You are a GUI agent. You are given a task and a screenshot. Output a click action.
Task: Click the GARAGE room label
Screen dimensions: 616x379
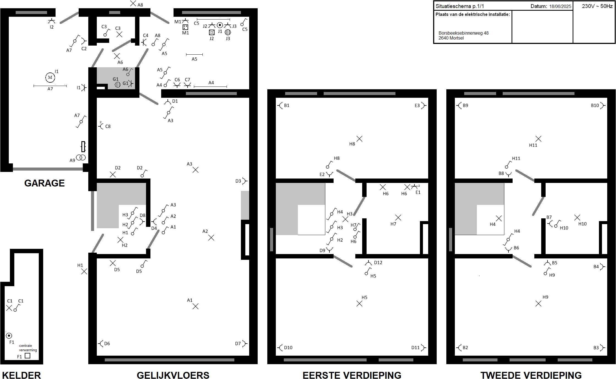tap(45, 183)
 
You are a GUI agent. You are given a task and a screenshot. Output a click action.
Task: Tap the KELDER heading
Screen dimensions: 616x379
tap(21, 375)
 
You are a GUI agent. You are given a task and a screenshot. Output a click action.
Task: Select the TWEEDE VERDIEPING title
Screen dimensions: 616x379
tap(531, 375)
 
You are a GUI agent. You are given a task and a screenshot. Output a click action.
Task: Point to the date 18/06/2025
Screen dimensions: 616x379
tap(560, 6)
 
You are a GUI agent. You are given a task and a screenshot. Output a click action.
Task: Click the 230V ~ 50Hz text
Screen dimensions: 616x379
tap(597, 6)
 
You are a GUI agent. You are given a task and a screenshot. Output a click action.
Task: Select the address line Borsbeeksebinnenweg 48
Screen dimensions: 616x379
tap(464, 33)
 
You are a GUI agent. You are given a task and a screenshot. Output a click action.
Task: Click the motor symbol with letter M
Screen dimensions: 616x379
tap(50, 77)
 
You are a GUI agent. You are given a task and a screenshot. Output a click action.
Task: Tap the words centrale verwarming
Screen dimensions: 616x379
tap(28, 348)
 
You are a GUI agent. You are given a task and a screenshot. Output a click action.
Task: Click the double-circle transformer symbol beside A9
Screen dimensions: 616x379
tap(81, 157)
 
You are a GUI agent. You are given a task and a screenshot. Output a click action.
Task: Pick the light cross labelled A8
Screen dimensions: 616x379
tap(133, 3)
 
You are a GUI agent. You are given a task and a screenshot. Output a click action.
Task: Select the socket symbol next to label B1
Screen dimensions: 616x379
tap(280, 105)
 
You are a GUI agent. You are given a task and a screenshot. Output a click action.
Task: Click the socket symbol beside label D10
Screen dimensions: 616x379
tap(280, 348)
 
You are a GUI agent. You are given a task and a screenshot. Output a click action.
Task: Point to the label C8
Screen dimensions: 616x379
tap(108, 126)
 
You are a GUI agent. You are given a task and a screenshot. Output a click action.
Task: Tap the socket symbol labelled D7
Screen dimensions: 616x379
tap(244, 344)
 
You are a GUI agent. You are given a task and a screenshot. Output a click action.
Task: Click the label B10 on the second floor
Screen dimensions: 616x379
tap(595, 105)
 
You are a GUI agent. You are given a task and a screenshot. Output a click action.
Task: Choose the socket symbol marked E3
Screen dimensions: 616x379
tap(424, 105)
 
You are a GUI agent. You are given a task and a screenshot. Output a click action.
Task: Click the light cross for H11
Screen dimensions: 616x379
tap(538, 139)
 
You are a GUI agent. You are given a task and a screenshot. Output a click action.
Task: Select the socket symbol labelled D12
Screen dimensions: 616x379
tap(368, 263)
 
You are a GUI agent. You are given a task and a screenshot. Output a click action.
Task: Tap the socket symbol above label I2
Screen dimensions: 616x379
tap(51, 21)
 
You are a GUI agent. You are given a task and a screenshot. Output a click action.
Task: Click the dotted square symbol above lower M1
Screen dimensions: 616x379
tap(185, 27)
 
